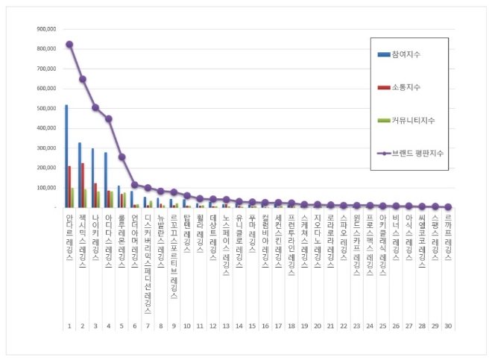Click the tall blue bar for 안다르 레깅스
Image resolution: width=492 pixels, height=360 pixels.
(x=66, y=157)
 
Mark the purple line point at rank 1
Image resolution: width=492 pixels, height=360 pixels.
(x=69, y=44)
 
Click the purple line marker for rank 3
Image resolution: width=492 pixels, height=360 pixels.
(x=95, y=107)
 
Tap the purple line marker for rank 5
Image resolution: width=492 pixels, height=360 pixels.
(x=122, y=157)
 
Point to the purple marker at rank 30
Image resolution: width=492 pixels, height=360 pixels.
(x=448, y=206)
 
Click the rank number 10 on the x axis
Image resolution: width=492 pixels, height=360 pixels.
(x=186, y=326)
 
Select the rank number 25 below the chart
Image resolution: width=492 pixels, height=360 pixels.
(x=382, y=326)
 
